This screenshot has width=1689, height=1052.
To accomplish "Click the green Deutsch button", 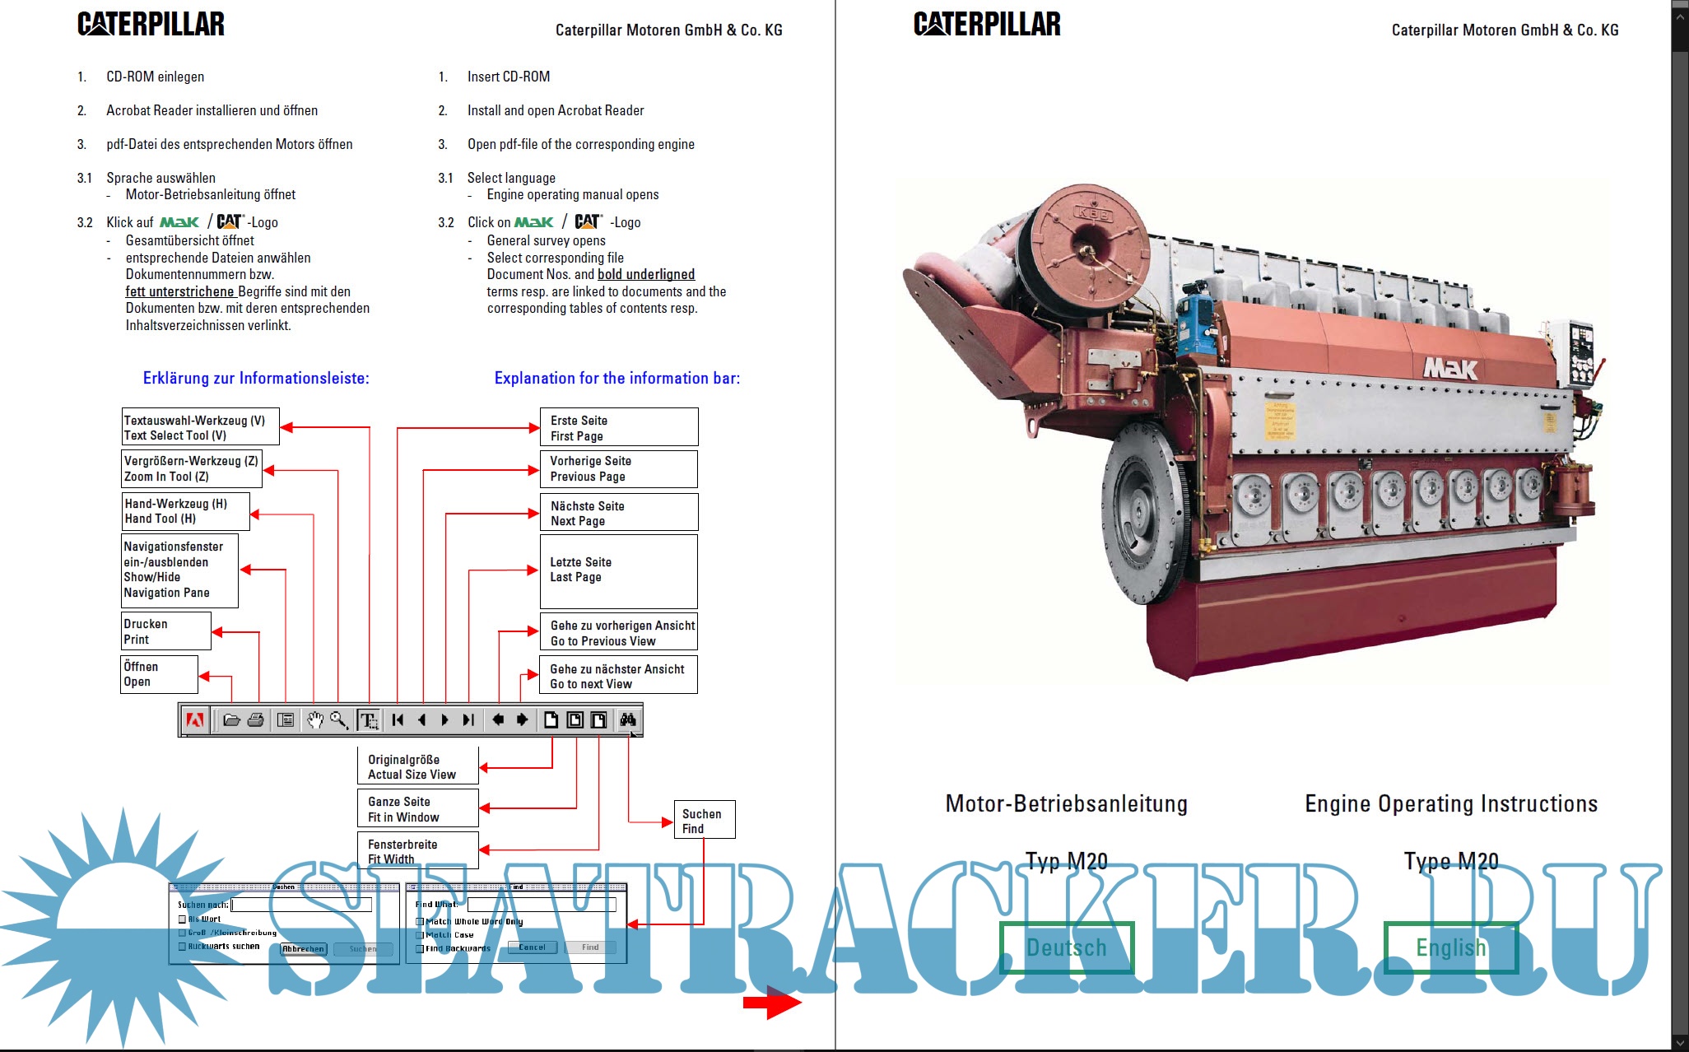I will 1067,947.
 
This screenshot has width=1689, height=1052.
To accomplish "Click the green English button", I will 1450,947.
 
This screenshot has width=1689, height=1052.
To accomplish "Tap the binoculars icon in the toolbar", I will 628,720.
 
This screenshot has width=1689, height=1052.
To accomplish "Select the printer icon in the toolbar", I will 256,720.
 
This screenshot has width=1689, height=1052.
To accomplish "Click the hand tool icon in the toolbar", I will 314,720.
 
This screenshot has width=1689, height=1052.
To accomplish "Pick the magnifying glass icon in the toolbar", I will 339,720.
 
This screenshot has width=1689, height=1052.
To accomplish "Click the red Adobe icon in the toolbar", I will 195,720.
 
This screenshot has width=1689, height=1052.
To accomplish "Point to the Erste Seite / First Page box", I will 618,427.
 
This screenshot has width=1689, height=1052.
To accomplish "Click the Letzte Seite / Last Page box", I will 618,570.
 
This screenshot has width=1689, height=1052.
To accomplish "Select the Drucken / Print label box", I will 165,631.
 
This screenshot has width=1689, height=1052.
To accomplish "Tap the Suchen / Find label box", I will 704,821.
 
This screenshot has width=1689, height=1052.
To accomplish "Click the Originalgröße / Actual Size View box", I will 417,766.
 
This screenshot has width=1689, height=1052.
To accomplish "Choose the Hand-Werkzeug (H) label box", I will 185,511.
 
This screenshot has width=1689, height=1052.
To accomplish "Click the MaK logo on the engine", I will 1450,368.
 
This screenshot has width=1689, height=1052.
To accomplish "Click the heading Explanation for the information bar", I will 617,379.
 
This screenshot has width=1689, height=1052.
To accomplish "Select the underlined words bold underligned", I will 646,275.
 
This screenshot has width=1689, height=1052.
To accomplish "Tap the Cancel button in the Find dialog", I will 532,947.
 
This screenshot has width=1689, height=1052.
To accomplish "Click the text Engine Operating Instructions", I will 1450,803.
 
